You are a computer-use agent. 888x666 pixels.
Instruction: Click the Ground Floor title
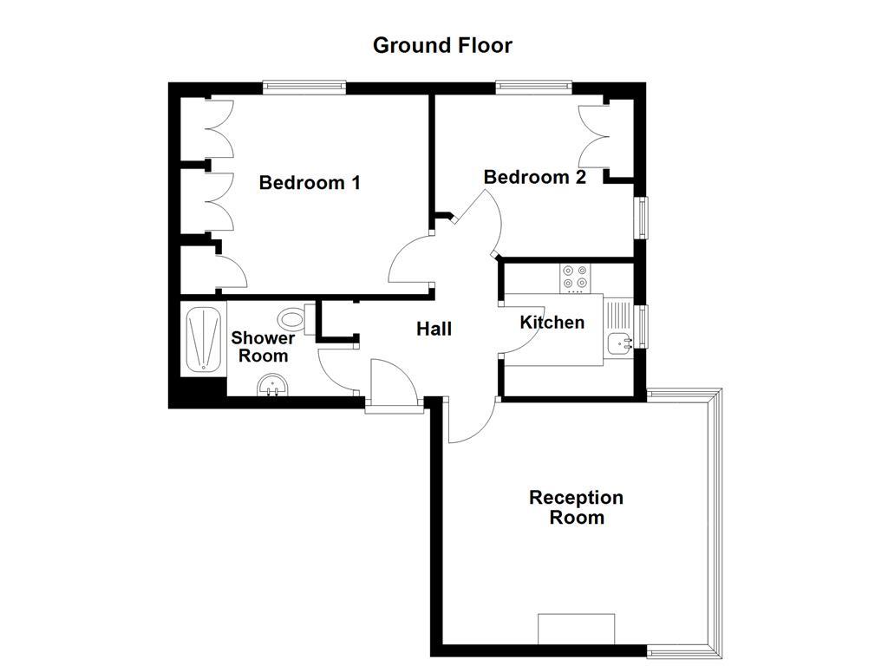point(442,45)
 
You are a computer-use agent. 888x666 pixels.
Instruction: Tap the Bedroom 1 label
point(310,183)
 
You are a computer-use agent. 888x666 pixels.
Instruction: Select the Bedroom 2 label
point(534,177)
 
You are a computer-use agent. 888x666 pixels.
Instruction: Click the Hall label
point(434,329)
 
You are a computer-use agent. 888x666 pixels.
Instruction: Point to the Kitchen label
point(552,323)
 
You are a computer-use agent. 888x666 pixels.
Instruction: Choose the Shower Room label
point(263,347)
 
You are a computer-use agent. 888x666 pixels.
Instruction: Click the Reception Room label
point(577,507)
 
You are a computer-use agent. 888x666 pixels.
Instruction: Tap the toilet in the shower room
point(296,316)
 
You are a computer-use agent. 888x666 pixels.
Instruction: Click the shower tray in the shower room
point(203,339)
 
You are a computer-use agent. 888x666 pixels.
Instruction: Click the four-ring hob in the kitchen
point(575,276)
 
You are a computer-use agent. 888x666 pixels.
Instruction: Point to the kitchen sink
point(620,343)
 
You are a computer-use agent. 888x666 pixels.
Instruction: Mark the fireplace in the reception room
point(576,629)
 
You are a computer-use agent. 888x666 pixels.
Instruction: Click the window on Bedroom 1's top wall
point(304,87)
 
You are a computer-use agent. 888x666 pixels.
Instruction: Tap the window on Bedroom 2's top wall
point(533,87)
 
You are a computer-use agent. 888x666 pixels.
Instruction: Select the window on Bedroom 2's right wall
point(642,217)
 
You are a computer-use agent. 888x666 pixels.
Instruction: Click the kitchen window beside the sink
point(643,326)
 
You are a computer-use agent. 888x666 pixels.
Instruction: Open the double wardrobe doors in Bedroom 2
point(595,134)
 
